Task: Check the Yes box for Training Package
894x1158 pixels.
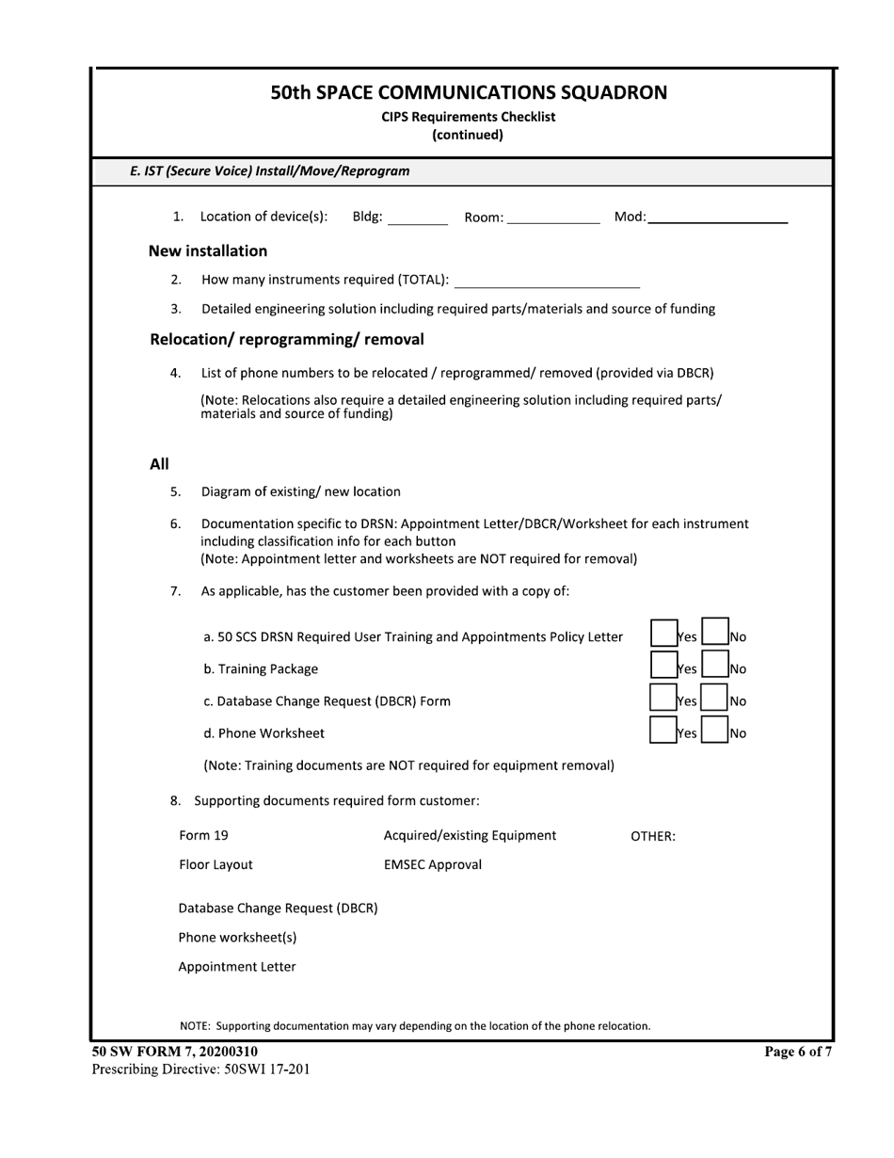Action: pos(664,666)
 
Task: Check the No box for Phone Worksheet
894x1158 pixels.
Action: pos(716,730)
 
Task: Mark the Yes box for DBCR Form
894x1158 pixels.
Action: pos(664,698)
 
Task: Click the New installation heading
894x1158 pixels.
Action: pos(208,251)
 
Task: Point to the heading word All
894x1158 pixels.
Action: pos(159,464)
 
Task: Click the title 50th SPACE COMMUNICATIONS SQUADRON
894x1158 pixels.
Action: pos(469,92)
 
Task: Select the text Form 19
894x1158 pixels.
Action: pos(203,835)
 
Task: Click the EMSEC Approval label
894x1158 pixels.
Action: pos(432,864)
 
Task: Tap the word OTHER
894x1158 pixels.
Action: pos(652,836)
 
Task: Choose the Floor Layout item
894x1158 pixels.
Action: pos(216,864)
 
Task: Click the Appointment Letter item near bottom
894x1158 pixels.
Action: pos(237,967)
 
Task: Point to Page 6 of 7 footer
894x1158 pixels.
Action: pos(799,1053)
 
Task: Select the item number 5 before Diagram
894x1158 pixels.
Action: pos(176,491)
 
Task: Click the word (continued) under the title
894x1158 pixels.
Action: pos(468,135)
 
